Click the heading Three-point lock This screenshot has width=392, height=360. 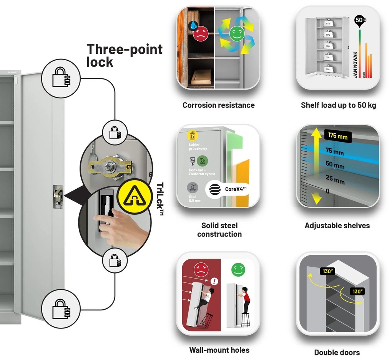pos(124,55)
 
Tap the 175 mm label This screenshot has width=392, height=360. pos(338,136)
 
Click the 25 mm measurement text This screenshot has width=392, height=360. pos(335,179)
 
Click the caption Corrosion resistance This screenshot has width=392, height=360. pos(218,105)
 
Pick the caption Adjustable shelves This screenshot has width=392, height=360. pos(337,226)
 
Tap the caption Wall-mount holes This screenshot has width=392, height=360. pos(219,350)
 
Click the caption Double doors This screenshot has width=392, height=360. pos(337,352)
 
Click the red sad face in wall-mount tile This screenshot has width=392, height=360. pos(200,270)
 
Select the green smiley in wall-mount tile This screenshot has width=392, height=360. pos(238,270)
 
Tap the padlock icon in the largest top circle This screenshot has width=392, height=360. pos(60,78)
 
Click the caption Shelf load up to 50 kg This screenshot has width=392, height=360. pos(338,105)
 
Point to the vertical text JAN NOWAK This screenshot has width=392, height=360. pos(355,64)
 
